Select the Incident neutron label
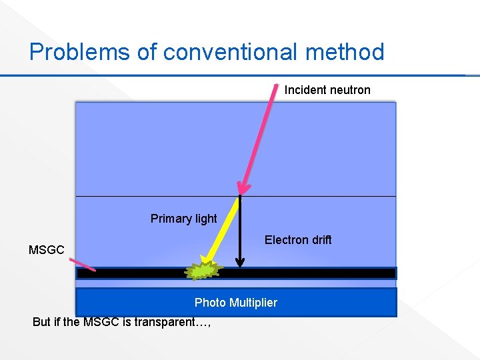pos(327,90)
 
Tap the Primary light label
pos(183,219)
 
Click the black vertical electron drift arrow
pos(241,230)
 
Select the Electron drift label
pos(297,240)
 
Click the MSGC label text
pos(47,251)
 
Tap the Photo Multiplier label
pos(235,303)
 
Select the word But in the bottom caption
pos(41,322)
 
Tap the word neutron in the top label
pos(349,90)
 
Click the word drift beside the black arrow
pos(319,240)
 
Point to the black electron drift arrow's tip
pos(241,266)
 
